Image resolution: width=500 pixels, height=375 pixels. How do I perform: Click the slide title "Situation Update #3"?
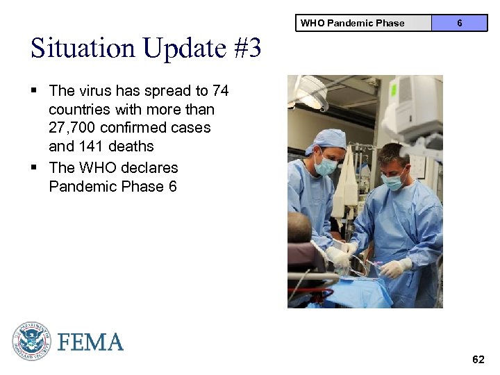(x=146, y=49)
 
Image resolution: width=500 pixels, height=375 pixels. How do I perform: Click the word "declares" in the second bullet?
(x=147, y=168)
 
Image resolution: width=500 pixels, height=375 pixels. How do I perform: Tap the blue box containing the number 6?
(x=459, y=23)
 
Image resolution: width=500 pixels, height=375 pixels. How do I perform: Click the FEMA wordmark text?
(x=90, y=342)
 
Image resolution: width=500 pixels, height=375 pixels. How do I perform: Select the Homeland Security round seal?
(x=32, y=342)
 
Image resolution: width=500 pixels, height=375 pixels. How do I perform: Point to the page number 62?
(x=478, y=359)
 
